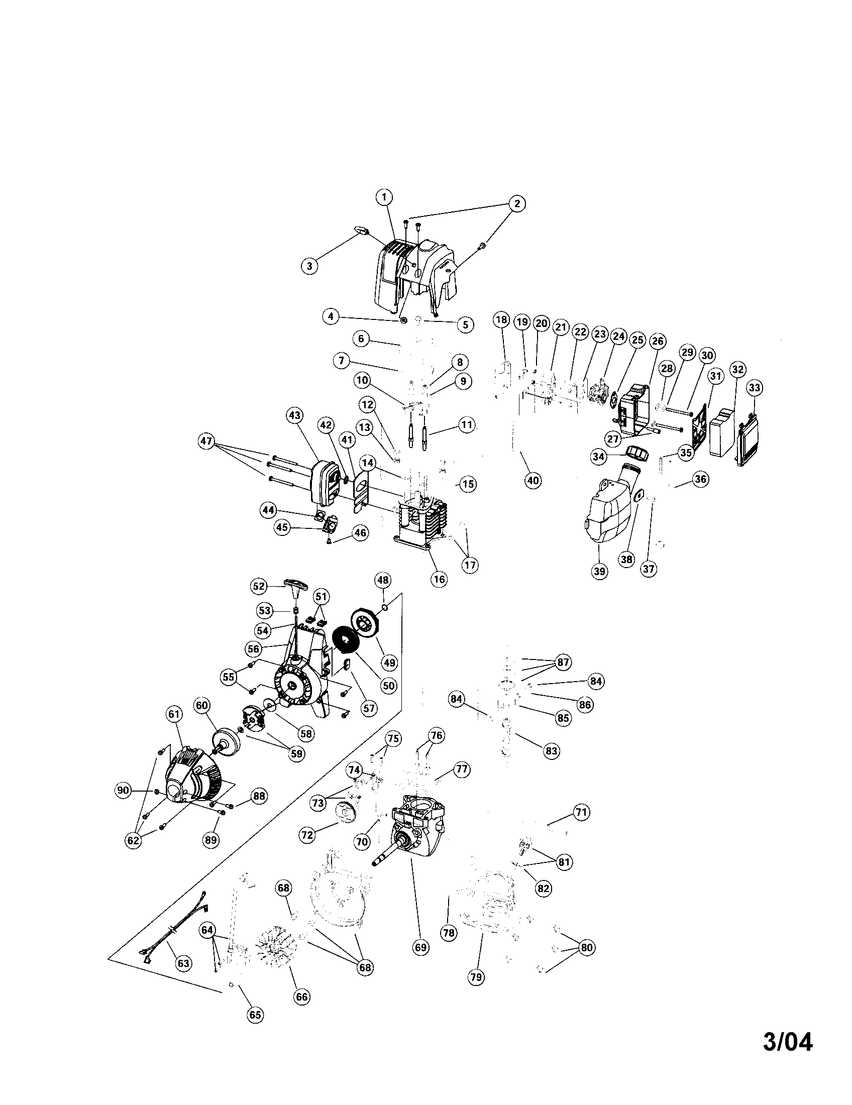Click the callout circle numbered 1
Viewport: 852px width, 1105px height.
(384, 197)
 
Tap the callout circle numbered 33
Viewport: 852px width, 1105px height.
(754, 388)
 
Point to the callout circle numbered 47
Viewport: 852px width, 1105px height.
(206, 441)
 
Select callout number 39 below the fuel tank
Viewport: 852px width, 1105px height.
(599, 571)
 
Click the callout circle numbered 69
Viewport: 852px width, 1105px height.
(421, 947)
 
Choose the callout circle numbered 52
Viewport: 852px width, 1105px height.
(259, 586)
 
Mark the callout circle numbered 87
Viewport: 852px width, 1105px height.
(563, 662)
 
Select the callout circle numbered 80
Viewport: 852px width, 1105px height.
(586, 948)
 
